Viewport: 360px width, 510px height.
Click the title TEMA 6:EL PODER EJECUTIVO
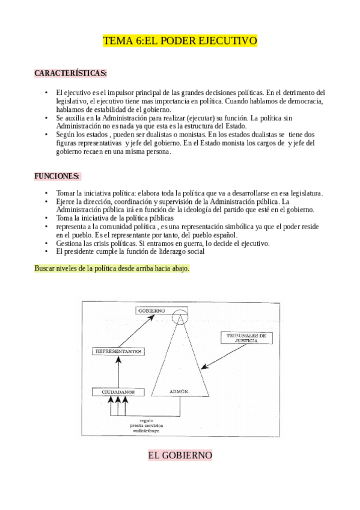(x=180, y=41)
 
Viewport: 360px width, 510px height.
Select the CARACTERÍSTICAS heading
(x=71, y=73)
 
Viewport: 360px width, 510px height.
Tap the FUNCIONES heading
(x=57, y=176)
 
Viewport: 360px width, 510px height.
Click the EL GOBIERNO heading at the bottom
(x=180, y=455)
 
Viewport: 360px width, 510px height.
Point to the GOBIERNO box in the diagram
(x=160, y=311)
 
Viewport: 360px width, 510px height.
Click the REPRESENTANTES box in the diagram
(x=118, y=349)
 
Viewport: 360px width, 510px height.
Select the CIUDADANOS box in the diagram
(x=118, y=392)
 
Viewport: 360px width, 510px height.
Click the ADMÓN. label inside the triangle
(x=179, y=392)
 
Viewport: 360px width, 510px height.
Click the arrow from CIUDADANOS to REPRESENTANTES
(x=118, y=372)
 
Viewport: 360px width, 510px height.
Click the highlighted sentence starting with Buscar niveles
(x=112, y=268)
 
